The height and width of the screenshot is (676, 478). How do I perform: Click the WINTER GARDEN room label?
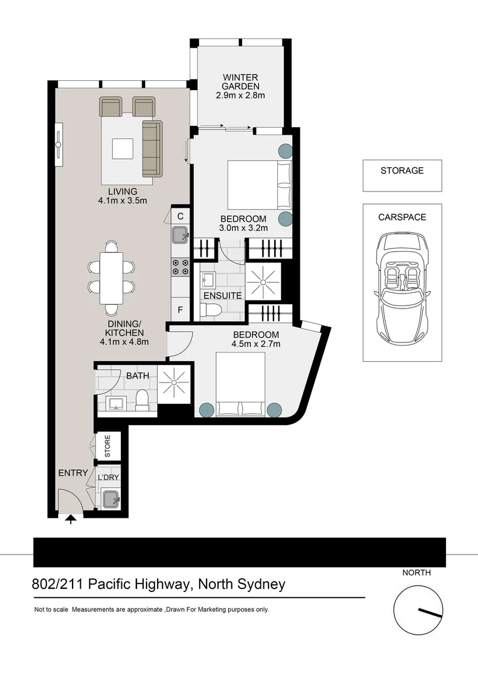click(241, 81)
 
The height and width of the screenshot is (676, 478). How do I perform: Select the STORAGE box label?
click(402, 170)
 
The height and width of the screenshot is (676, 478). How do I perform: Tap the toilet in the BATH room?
click(143, 399)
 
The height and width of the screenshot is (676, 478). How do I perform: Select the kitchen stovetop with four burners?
click(180, 267)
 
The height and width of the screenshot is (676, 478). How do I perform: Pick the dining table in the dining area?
click(111, 276)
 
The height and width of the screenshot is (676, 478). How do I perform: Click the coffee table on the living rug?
click(123, 149)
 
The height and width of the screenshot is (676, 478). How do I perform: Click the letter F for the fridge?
click(180, 310)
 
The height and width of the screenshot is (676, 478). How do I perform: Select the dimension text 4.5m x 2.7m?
click(255, 344)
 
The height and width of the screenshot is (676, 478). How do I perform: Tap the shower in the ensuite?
click(263, 283)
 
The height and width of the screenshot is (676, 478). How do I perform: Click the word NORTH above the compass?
click(416, 572)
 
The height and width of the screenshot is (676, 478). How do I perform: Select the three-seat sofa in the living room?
click(151, 148)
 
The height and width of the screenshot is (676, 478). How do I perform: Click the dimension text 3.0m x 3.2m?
click(243, 228)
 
